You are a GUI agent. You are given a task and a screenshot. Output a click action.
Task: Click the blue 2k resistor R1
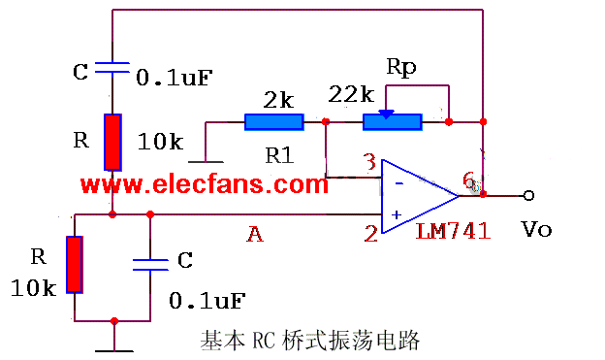tap(273, 122)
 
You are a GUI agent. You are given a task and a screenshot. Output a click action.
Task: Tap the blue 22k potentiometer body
tap(392, 122)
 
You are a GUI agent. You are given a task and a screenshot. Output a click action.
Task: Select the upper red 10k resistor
tap(113, 142)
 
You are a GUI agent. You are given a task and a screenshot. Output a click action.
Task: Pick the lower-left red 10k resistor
tap(75, 263)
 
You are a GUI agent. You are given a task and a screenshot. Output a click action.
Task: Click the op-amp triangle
tap(415, 196)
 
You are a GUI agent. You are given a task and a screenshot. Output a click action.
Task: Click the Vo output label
tap(536, 230)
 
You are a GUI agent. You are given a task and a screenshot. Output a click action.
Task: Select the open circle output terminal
tap(528, 195)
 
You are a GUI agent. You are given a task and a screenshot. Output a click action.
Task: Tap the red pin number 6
tap(469, 180)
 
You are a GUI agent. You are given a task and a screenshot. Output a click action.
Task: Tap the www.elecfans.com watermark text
tap(205, 184)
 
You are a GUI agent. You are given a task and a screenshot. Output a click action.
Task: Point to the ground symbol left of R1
tap(206, 159)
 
